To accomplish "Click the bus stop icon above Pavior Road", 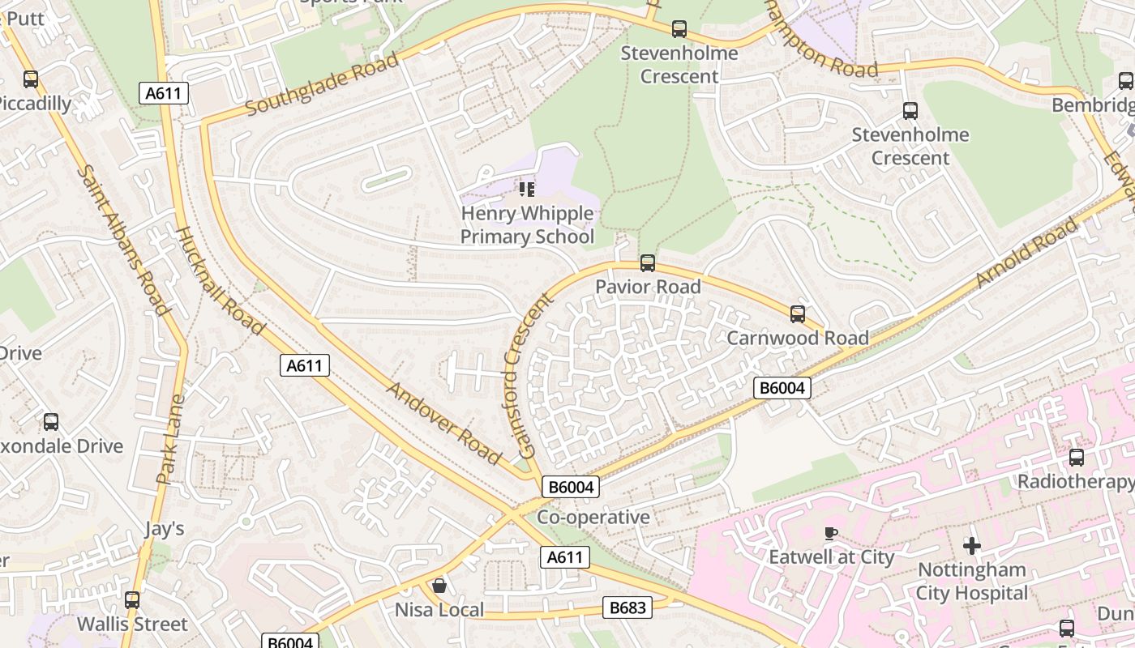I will tap(647, 262).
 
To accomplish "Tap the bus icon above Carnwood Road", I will tap(798, 314).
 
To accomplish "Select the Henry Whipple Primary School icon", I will tap(527, 190).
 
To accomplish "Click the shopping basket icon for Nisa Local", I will tap(439, 585).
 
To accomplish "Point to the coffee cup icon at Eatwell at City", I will tap(830, 533).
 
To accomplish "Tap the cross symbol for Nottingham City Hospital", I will tap(971, 545).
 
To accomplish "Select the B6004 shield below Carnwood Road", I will tap(782, 388).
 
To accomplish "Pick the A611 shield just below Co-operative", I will tap(564, 557).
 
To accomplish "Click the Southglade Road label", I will tap(322, 84).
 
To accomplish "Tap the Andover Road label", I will tap(443, 422).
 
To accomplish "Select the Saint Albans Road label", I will tap(124, 240).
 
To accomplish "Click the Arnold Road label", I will tap(1027, 253).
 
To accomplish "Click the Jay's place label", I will tap(165, 529).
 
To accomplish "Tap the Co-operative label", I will tap(593, 517).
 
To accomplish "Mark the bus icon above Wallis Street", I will tap(132, 600).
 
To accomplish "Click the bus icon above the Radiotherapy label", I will tap(1077, 458).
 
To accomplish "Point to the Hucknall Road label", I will tap(220, 281).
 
